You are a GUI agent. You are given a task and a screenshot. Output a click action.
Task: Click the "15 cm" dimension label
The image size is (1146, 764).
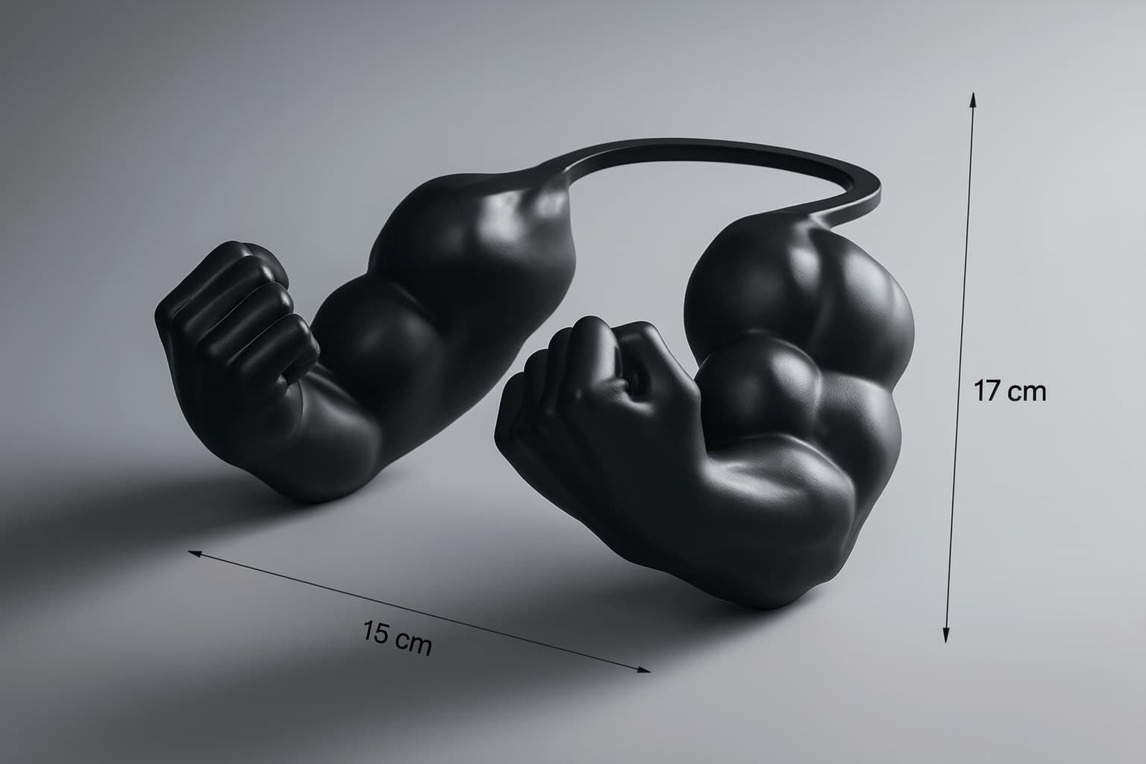point(398,638)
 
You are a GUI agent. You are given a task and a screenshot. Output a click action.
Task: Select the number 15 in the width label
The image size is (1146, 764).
point(375,631)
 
